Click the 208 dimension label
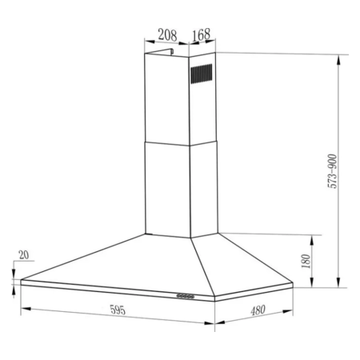point(167,35)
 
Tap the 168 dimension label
point(202,34)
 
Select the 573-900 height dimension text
point(332,171)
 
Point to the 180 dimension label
point(306,262)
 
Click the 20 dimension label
point(24,255)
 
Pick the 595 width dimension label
point(118,310)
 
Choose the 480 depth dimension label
point(258,310)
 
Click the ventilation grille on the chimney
point(202,74)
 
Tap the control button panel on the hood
point(186,296)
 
